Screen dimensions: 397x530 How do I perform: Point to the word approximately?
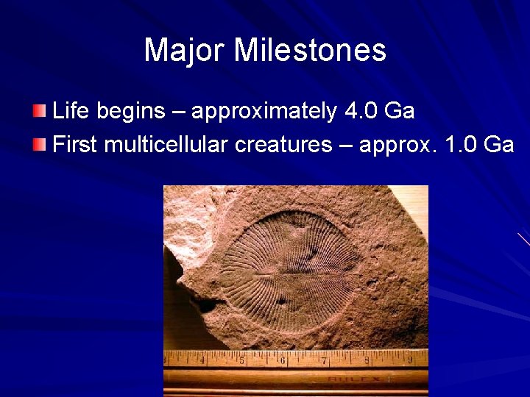264,112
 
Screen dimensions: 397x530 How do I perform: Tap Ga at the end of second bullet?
499,145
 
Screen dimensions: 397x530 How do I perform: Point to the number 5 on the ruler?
242,361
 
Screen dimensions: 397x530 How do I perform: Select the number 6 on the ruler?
283,361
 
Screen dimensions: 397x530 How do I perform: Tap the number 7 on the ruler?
324,361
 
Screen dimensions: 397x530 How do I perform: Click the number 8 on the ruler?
367,361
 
